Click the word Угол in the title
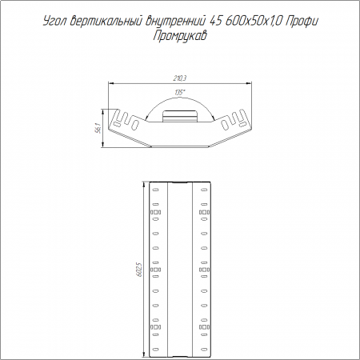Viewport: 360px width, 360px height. coord(54,22)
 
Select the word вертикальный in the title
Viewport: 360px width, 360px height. coord(106,21)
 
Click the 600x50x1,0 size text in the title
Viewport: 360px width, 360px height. coord(254,22)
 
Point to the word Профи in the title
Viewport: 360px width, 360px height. coord(302,22)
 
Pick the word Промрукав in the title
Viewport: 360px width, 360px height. coord(180,36)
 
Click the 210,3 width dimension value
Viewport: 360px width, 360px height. coord(180,78)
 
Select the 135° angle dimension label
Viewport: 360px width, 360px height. coord(180,93)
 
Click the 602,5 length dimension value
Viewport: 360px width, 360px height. coord(141,270)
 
